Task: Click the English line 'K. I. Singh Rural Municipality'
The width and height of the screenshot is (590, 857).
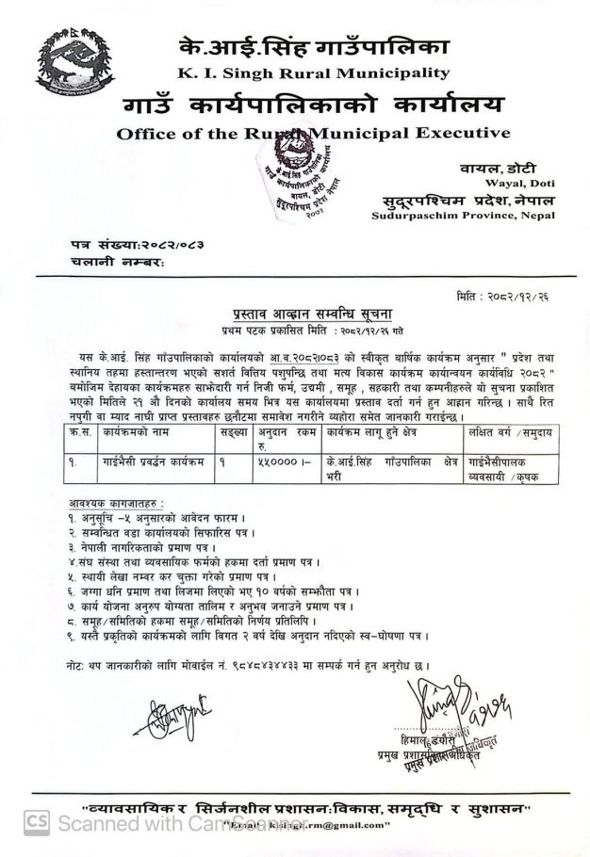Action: click(x=313, y=73)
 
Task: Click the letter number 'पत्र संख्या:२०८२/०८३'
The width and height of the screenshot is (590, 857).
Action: click(x=137, y=245)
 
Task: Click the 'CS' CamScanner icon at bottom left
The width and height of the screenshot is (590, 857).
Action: click(x=37, y=821)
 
